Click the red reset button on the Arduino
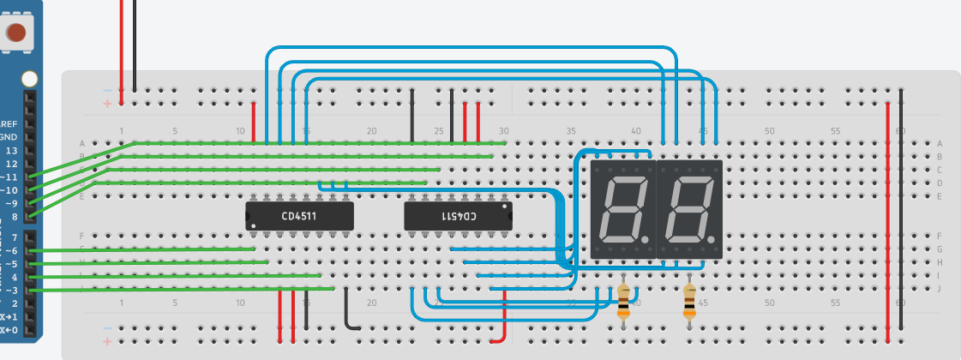(x=15, y=33)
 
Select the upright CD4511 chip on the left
(x=299, y=216)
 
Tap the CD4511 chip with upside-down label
(x=458, y=216)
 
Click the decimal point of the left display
(x=647, y=239)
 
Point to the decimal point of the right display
(x=713, y=239)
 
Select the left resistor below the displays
(x=623, y=301)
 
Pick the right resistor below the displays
(x=689, y=301)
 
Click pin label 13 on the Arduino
(x=11, y=150)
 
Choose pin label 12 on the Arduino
(x=11, y=163)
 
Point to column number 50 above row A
(x=769, y=131)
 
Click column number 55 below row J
(x=835, y=303)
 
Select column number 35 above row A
(x=570, y=131)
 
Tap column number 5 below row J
(x=175, y=303)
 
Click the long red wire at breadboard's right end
(x=887, y=214)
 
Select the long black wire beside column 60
(x=901, y=214)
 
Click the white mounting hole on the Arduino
(x=29, y=79)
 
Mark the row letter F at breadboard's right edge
(x=940, y=236)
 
